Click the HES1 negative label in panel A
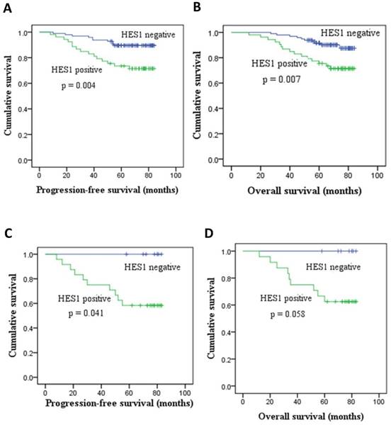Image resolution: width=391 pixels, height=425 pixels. click(x=144, y=35)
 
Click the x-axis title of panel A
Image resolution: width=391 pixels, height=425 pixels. click(x=108, y=191)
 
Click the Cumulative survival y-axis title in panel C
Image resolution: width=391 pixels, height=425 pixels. click(x=10, y=316)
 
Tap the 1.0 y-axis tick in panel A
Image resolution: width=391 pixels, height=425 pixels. click(x=23, y=33)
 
